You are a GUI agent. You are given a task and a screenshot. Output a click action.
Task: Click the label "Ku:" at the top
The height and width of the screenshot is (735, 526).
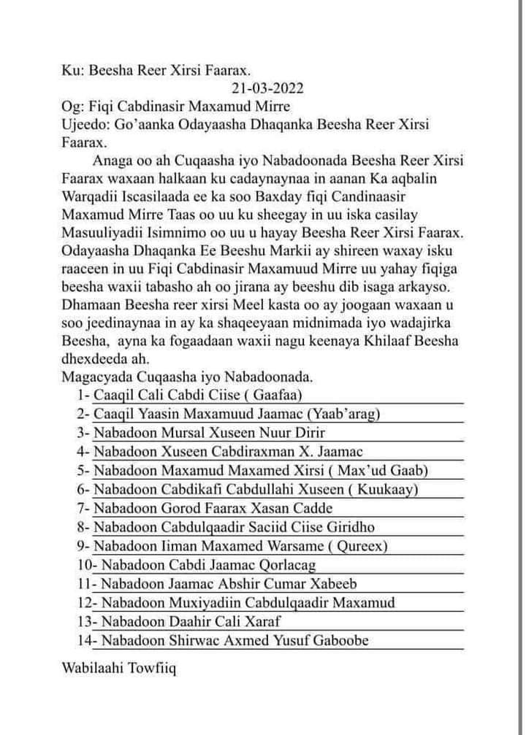(x=73, y=71)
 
